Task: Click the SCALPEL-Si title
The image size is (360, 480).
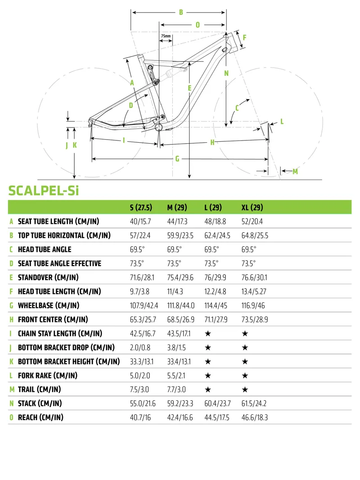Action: pos(44,190)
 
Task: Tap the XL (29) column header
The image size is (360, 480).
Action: pos(252,208)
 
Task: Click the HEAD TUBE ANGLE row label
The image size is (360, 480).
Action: pos(44,249)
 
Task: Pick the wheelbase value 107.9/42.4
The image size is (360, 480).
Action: pos(144,306)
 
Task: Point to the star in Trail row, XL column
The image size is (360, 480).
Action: pos(245,389)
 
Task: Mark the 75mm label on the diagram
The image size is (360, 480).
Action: pos(166,36)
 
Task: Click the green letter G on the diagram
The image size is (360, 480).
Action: pos(177,159)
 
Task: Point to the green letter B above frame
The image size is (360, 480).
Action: pos(181,13)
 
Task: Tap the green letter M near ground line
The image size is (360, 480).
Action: pos(295,171)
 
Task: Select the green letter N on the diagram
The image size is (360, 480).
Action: pos(226,73)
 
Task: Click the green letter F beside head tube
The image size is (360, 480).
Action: pos(244,37)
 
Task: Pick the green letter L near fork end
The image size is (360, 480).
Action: pos(282,122)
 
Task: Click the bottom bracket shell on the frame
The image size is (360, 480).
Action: pos(158,128)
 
